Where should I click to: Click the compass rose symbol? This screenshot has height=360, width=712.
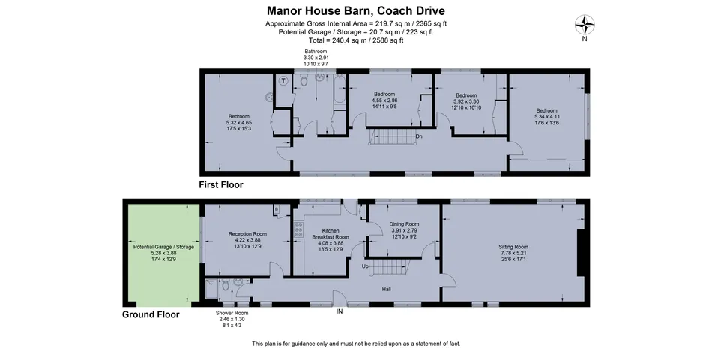[x=585, y=25]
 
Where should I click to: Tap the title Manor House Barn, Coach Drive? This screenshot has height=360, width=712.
[x=355, y=11]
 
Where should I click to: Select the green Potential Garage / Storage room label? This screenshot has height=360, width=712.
[x=163, y=253]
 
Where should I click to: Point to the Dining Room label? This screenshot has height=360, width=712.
[x=404, y=230]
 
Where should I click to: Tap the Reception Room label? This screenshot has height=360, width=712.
[x=247, y=240]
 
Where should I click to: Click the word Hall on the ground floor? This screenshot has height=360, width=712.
[x=387, y=289]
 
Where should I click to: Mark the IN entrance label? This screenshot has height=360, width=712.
[x=340, y=312]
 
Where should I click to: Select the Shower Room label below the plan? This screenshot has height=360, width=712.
[x=232, y=319]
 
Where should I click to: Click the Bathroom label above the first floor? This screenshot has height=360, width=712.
[x=316, y=58]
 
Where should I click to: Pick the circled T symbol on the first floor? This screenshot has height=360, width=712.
[x=284, y=81]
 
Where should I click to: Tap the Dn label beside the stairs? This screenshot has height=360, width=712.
[x=419, y=136]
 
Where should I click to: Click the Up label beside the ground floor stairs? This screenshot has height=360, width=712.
[x=365, y=266]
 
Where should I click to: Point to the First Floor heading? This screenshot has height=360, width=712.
[x=220, y=185]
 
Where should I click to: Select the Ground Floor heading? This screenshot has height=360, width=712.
[x=151, y=314]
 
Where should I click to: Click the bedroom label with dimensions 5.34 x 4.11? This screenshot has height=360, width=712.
[x=546, y=116]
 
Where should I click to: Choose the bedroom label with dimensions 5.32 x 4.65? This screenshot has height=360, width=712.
[x=238, y=123]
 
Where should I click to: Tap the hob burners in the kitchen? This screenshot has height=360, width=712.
[x=299, y=230]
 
